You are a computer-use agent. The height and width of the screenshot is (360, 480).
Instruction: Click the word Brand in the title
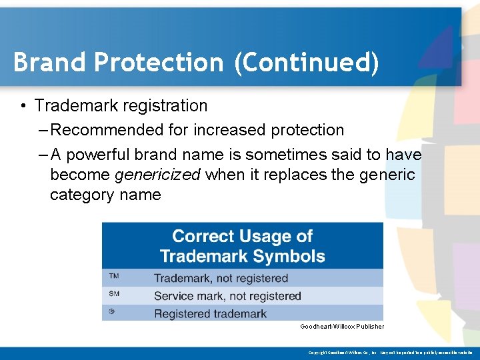click(50, 62)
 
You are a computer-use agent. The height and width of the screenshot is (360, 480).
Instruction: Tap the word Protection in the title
click(159, 62)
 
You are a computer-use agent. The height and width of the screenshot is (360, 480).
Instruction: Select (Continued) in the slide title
click(306, 63)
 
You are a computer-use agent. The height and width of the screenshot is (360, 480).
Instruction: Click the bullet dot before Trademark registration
click(23, 106)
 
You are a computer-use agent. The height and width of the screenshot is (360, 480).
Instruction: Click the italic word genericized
click(158, 175)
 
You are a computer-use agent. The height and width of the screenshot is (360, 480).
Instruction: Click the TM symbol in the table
click(114, 277)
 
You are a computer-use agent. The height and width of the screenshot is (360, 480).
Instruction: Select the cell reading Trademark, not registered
click(221, 278)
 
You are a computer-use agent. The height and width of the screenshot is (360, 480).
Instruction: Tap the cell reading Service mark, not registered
click(227, 296)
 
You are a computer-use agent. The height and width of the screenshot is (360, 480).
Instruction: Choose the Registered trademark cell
click(210, 313)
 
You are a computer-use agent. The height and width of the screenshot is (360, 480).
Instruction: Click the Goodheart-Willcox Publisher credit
click(341, 327)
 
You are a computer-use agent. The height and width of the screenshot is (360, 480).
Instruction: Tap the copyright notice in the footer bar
click(390, 352)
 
